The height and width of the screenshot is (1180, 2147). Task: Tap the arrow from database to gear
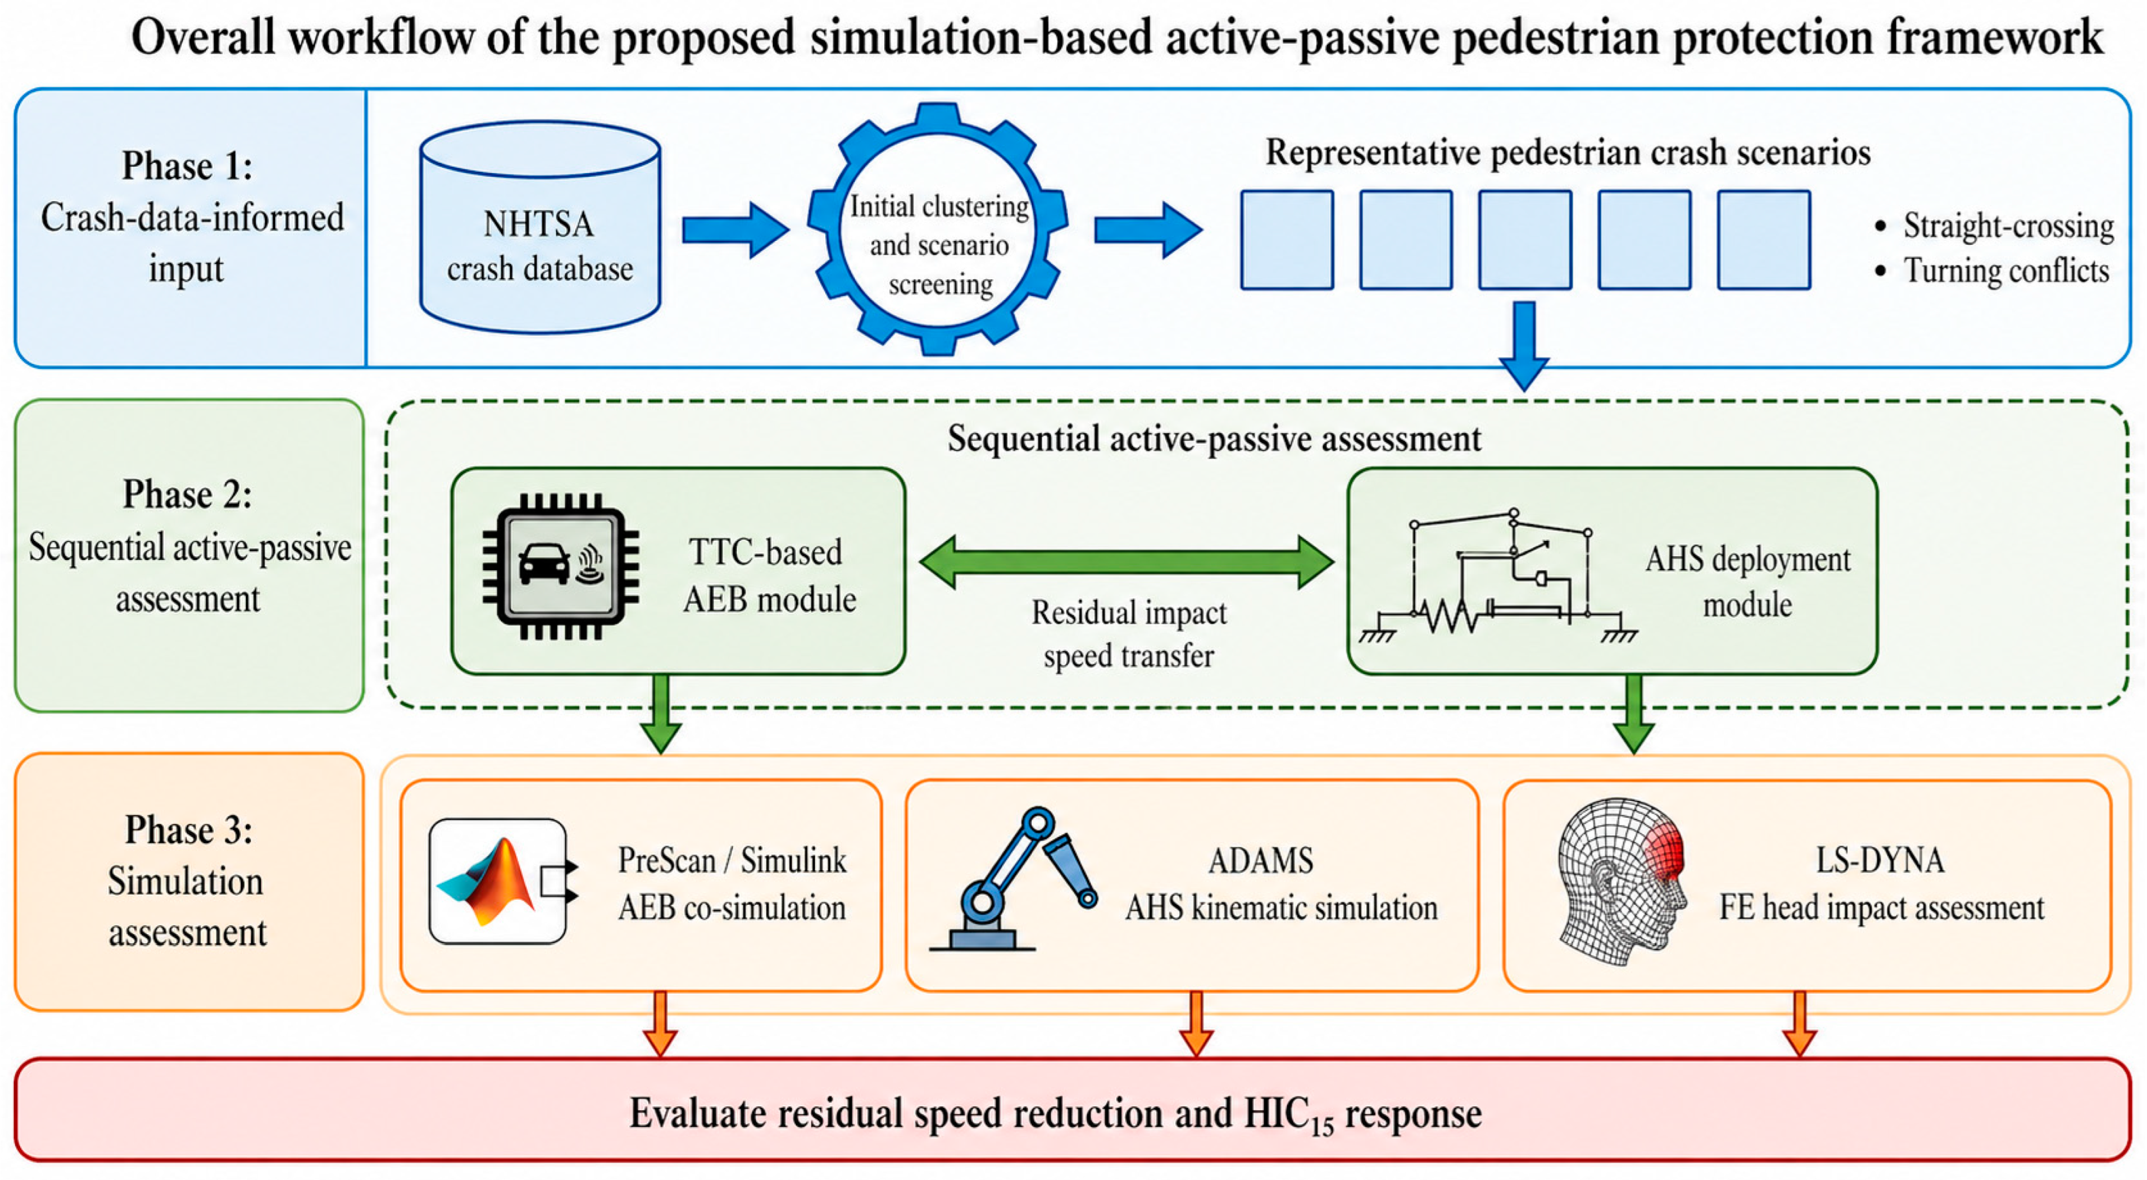pyautogui.click(x=735, y=229)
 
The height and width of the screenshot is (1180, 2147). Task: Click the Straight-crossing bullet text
pyautogui.click(x=2008, y=226)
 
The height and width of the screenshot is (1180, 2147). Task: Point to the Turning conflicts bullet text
pyautogui.click(x=2006, y=270)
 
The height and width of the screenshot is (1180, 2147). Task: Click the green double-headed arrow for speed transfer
pyautogui.click(x=1126, y=562)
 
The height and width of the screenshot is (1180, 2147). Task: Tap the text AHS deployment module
pyautogui.click(x=1747, y=581)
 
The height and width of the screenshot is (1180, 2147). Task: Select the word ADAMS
pyautogui.click(x=1260, y=860)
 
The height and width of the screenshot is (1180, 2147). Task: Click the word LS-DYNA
pyautogui.click(x=1879, y=860)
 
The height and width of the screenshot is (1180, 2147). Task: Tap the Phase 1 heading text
pyautogui.click(x=187, y=165)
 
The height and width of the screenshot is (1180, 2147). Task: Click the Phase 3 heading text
pyautogui.click(x=188, y=830)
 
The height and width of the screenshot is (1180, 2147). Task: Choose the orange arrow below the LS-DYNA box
pyautogui.click(x=1800, y=1024)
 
